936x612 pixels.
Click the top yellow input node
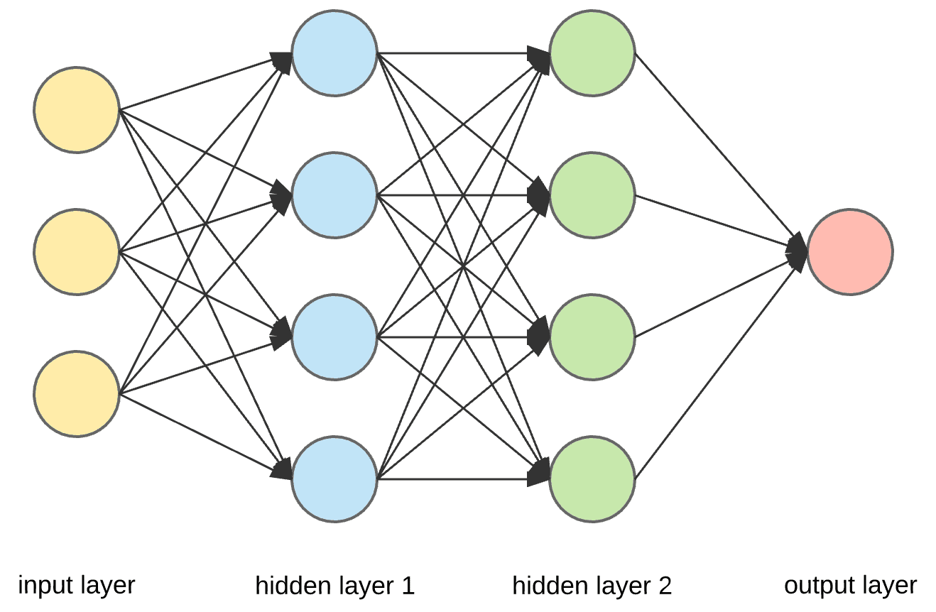coord(77,110)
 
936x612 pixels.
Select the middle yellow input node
coord(77,252)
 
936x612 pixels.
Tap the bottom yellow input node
coord(77,394)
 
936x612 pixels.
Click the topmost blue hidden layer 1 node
coord(334,53)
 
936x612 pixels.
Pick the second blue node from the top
coord(334,195)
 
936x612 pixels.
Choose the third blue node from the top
coord(334,337)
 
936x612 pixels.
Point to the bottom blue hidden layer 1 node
coord(334,479)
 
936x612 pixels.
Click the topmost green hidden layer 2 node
coord(592,53)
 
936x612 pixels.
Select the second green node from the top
coord(592,195)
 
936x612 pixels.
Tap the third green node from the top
coord(592,337)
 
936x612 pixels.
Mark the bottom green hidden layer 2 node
coord(592,479)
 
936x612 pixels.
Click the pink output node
coord(850,252)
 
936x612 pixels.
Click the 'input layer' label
coord(77,586)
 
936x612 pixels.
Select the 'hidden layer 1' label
coord(334,586)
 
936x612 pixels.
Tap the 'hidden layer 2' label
coord(592,586)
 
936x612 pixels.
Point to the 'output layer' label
coord(850,586)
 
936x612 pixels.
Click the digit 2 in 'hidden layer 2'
coord(664,586)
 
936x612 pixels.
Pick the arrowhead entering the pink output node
coord(798,251)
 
